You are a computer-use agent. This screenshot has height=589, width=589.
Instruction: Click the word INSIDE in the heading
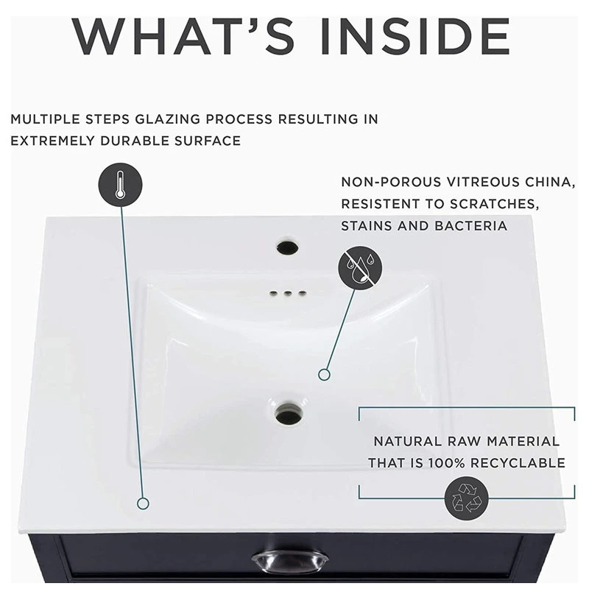tap(416, 36)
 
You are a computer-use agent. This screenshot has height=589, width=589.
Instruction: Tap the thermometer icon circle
tap(120, 185)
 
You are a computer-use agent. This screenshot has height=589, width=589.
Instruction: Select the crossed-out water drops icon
tap(360, 268)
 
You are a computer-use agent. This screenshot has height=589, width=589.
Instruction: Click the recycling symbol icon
tap(467, 498)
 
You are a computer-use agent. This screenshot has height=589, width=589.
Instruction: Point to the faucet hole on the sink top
tap(287, 247)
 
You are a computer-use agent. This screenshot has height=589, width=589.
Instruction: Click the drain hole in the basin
tap(289, 413)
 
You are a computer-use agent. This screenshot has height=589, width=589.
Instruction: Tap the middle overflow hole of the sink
tap(288, 293)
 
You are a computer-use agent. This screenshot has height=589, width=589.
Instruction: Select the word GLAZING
tap(168, 119)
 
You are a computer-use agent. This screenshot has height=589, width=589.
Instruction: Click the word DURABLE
tap(135, 141)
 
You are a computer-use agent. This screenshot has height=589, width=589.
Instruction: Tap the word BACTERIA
tap(471, 226)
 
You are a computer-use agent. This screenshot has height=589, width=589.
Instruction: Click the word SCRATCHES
tap(494, 204)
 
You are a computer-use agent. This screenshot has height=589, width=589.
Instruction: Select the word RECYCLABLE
tap(518, 463)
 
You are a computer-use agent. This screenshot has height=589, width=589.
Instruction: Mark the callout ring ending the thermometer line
tap(143, 504)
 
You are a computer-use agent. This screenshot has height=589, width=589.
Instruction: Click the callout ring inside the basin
tap(324, 375)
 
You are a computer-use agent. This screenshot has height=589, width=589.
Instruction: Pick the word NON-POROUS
tap(391, 182)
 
